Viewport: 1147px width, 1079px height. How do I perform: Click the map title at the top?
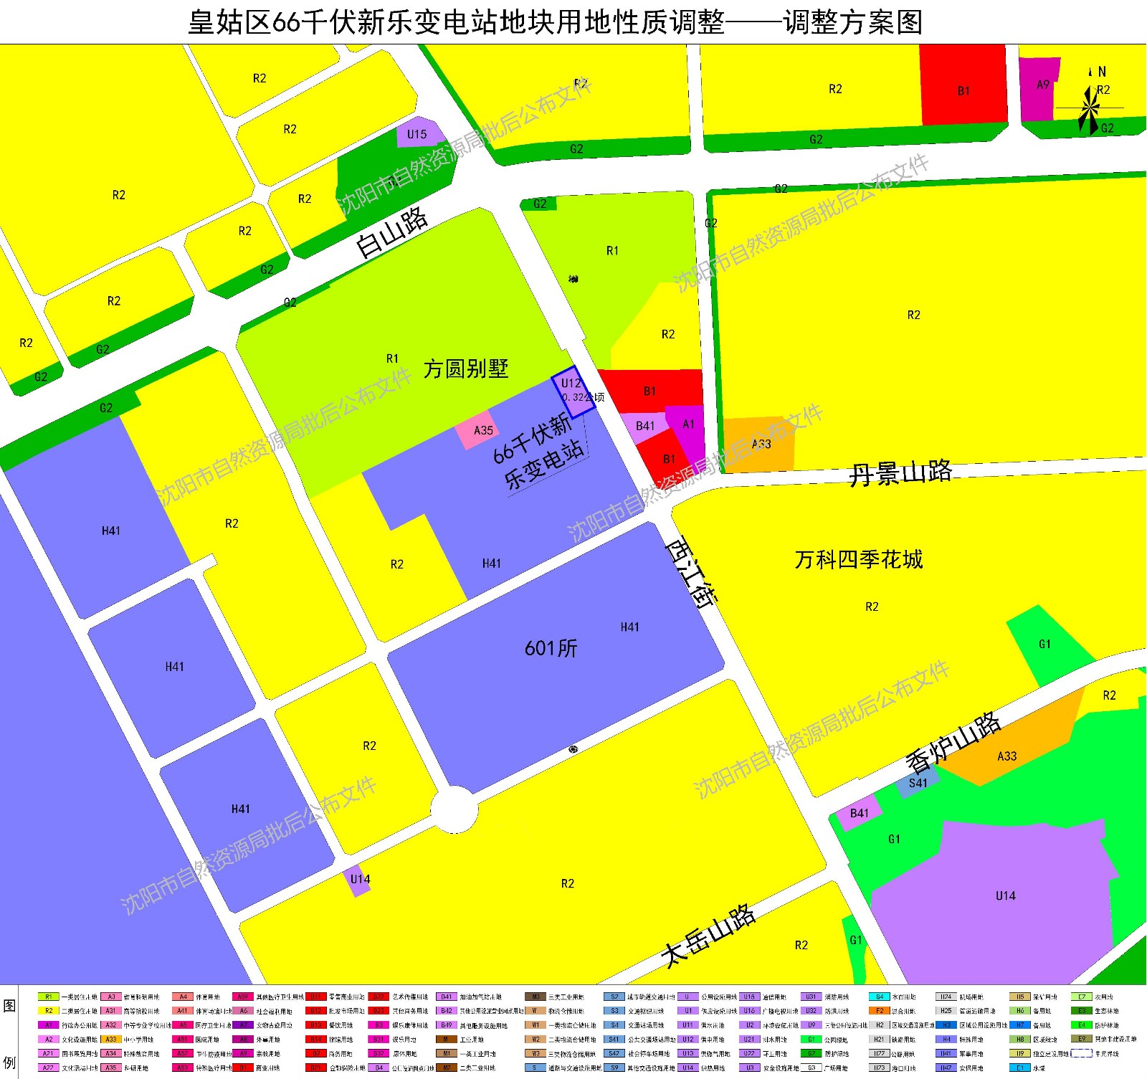[x=555, y=22]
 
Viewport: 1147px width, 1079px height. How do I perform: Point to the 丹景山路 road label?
[x=900, y=473]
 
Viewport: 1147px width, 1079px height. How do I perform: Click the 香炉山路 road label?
[x=953, y=743]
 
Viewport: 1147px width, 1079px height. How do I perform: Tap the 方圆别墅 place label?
[x=465, y=369]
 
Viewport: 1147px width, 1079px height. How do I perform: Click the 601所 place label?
[x=551, y=648]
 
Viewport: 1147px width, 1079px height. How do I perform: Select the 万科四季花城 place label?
[x=858, y=559]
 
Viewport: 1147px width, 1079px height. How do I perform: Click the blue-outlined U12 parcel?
[x=573, y=392]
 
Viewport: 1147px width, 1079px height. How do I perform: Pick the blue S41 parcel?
[x=918, y=782]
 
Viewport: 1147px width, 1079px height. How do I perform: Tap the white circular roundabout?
[x=454, y=809]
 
